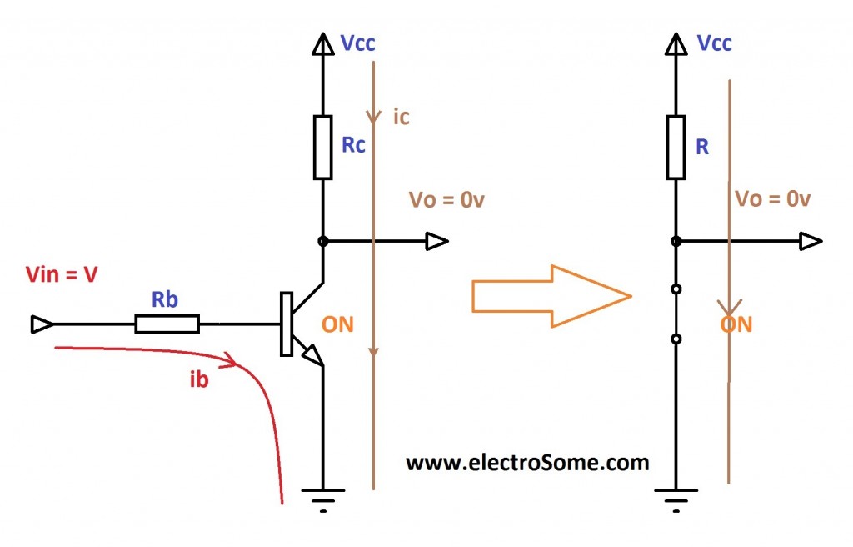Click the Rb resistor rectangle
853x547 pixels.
167,324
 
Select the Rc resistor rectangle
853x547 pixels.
322,148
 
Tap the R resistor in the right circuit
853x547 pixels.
676,148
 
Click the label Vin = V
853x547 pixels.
62,274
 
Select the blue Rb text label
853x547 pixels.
164,299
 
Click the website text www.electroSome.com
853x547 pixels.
526,462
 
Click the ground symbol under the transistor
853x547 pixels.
323,499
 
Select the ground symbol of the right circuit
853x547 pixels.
676,499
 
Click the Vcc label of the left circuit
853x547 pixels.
359,43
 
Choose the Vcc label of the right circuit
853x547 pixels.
714,43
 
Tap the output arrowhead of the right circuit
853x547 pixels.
811,242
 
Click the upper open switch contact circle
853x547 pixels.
676,290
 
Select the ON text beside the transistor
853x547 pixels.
337,324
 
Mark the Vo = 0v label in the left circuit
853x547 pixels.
446,200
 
